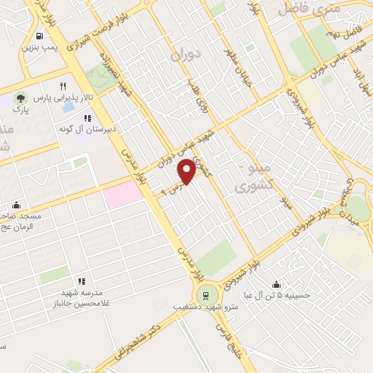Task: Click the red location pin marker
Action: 186,171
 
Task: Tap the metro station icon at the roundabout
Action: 205,296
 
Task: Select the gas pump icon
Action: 38,36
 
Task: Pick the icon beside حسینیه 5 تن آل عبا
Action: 277,284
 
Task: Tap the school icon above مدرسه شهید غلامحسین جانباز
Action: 82,280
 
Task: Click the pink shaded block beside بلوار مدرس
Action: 123,195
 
